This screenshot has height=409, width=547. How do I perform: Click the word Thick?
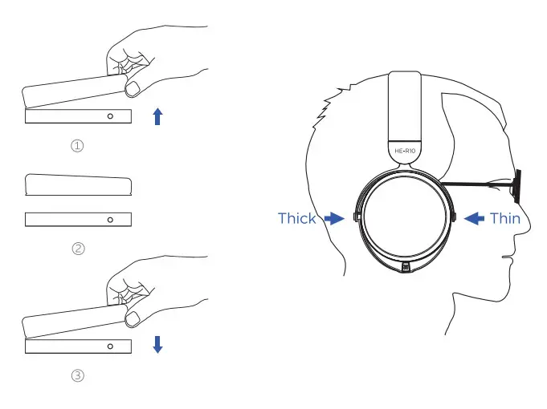click(296, 218)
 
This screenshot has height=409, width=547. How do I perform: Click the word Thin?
click(504, 218)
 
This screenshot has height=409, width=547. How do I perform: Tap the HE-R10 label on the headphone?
click(403, 149)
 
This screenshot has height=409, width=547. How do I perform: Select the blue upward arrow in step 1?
click(157, 117)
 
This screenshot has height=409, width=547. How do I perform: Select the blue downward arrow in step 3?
click(157, 345)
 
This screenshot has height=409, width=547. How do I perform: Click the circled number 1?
click(78, 146)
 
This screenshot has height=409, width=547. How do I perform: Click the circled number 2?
click(78, 249)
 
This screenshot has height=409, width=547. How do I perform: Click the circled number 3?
click(78, 375)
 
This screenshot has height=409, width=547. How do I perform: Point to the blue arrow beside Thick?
click(333, 217)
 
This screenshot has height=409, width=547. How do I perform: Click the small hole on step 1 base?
click(110, 116)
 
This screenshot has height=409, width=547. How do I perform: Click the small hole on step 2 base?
click(110, 219)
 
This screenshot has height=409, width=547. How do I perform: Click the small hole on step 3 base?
click(110, 346)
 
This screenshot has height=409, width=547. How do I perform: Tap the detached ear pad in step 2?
click(78, 185)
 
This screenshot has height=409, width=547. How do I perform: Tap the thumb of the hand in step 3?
click(137, 314)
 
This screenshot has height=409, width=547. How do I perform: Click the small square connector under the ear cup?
click(406, 267)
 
